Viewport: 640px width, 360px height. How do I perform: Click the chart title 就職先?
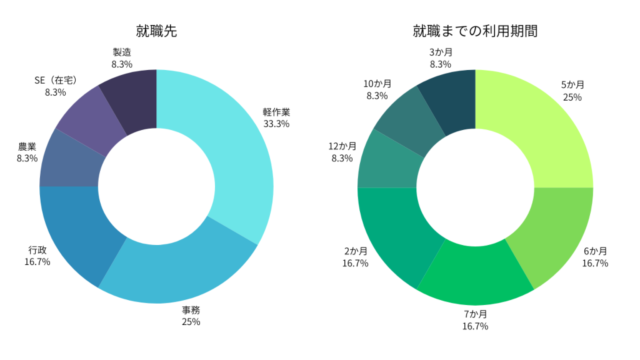[156, 31]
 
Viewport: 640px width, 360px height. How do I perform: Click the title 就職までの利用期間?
[475, 31]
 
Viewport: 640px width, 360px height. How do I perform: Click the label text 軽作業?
[276, 112]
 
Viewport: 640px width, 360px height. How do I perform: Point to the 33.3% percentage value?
[276, 124]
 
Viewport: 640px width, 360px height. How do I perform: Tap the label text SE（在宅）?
[56, 81]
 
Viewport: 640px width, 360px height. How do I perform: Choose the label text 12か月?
[342, 146]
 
